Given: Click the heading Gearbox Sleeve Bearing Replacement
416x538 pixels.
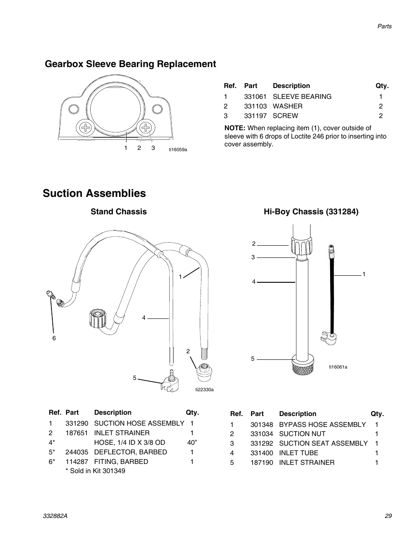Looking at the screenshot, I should click(130, 64).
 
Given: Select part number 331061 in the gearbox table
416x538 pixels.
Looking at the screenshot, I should click(255, 97).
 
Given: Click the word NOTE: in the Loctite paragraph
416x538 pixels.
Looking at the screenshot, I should click(235, 128).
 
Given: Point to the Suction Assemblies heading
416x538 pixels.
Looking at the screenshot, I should click(94, 193).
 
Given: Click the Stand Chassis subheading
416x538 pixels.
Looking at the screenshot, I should click(119, 212).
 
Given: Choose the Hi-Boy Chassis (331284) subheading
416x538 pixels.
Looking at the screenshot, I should click(311, 212).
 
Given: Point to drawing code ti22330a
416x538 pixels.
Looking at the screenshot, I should click(204, 389).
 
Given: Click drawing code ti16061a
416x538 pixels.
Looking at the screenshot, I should click(338, 367).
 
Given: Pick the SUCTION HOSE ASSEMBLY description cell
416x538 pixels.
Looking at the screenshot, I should click(139, 423).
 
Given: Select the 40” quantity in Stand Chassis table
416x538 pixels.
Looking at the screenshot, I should click(192, 443).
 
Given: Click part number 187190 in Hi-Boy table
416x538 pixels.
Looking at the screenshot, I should click(262, 463).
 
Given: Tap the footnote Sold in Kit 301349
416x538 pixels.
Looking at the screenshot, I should click(95, 471).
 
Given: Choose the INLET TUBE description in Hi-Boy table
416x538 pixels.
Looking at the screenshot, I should click(298, 453).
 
